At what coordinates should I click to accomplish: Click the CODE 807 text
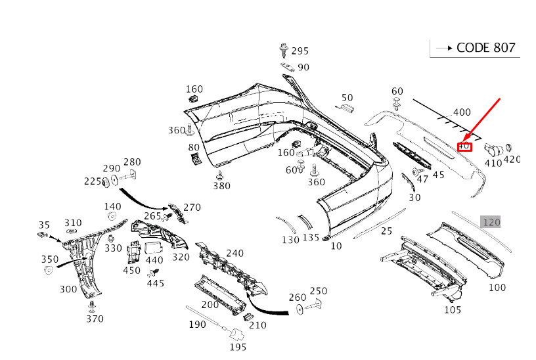[x=485, y=47]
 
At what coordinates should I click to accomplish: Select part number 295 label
[x=300, y=51]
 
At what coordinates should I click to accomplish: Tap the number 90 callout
[x=303, y=67]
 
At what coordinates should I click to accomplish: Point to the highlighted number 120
[x=491, y=222]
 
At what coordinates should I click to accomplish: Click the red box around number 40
[x=464, y=146]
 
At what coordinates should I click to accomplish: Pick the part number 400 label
[x=462, y=112]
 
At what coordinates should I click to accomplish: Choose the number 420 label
[x=512, y=160]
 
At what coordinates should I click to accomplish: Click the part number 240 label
[x=234, y=254]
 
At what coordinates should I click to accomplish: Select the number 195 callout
[x=237, y=346]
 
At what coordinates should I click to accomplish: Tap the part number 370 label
[x=95, y=319]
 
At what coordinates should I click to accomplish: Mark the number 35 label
[x=44, y=224]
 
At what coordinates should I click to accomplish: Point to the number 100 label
[x=497, y=287]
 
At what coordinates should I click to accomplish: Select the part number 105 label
[x=453, y=309]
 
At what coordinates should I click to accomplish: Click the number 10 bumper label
[x=336, y=246]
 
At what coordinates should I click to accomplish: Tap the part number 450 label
[x=131, y=270]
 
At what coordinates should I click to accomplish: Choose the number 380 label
[x=221, y=186]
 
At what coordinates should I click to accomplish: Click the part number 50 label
[x=347, y=98]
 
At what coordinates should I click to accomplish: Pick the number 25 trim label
[x=386, y=231]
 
